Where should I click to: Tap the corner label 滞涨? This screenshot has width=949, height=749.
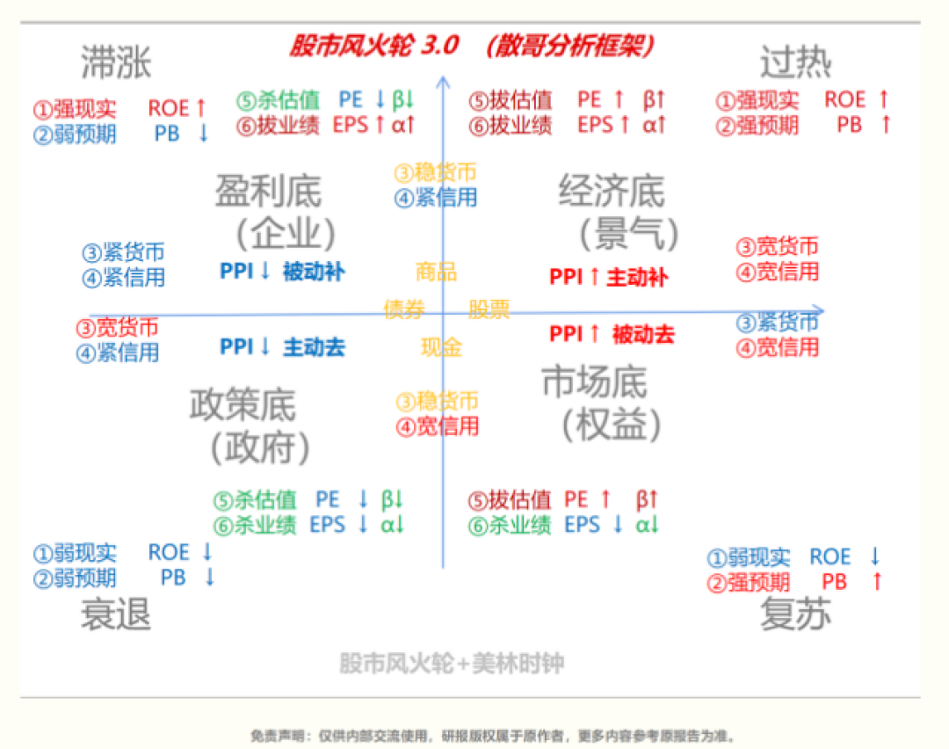116,63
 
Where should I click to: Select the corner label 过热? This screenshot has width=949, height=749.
795,63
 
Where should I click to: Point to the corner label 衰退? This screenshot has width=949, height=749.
116,614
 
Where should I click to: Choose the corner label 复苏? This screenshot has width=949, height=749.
795,614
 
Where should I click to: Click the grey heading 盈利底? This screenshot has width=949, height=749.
268,192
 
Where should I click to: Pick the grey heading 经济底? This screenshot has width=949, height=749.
612,192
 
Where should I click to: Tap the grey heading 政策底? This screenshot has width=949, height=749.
243,405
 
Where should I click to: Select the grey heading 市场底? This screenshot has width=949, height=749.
594,382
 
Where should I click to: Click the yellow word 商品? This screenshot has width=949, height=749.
436,272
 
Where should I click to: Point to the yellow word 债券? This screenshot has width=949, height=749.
404,309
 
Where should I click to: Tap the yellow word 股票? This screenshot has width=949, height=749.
489,309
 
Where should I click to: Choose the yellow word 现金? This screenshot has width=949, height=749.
441,348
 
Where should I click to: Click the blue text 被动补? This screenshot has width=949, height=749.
314,272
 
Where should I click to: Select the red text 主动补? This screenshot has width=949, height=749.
637,278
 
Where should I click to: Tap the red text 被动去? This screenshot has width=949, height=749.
643,335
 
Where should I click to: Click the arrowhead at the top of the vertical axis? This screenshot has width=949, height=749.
444,82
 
